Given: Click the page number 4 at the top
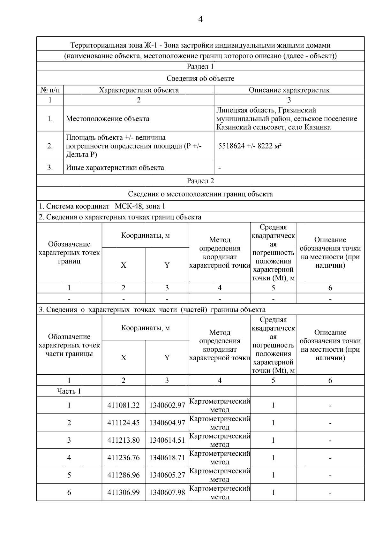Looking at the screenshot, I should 200,19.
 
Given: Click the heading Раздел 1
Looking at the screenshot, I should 200,66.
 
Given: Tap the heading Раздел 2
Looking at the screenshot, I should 200,181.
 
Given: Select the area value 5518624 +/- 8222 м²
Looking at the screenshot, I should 250,146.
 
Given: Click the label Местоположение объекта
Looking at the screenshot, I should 108,119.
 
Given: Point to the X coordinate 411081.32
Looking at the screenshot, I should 124,405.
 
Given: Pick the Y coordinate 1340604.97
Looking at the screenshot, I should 167,423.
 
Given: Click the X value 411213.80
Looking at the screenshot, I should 124,440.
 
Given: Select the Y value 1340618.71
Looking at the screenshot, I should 167,458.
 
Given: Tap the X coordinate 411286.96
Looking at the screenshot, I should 124,475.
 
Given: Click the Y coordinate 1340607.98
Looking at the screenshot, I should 167,492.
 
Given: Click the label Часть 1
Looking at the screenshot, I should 69,391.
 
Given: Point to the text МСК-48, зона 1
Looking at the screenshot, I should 140,206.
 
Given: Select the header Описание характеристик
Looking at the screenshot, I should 289,90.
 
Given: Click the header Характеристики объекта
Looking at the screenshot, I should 139,90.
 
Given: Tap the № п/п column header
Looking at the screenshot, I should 50,90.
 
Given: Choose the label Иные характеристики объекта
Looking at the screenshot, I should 115,168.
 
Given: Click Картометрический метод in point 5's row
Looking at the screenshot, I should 220,475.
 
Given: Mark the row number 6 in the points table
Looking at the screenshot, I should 69,492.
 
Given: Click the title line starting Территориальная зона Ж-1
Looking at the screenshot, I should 200,45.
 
